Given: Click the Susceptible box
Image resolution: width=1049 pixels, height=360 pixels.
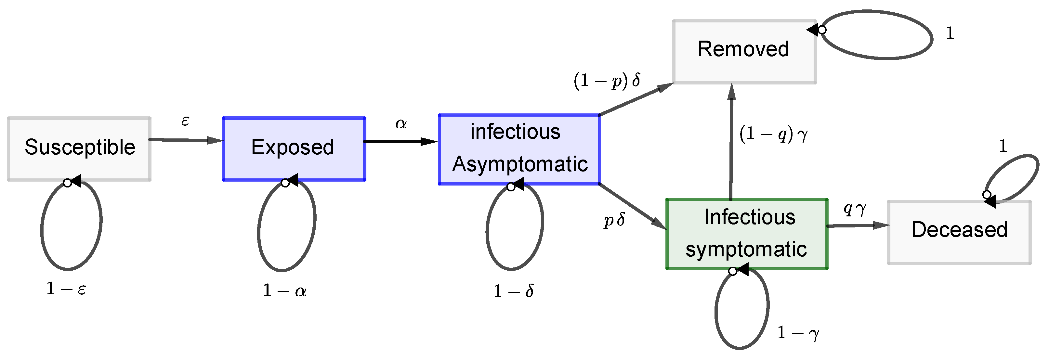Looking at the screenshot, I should point(79,148).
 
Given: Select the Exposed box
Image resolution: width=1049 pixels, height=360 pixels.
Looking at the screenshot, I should point(293,148).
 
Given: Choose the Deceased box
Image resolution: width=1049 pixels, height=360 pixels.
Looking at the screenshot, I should point(959,232).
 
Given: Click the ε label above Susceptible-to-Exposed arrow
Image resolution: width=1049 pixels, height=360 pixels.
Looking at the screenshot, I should point(185,121).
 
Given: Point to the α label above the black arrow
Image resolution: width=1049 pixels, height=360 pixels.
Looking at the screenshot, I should point(401,123).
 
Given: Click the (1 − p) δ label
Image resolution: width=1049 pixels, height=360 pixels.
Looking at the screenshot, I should point(607,80).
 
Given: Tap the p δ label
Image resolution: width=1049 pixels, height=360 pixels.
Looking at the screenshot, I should point(614,220).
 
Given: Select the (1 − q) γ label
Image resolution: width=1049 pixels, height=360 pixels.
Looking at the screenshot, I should point(773,135).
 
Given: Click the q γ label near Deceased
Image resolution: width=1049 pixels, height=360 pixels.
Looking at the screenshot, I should point(854,209).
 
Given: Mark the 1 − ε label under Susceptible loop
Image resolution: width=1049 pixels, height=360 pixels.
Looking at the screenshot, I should point(66,289).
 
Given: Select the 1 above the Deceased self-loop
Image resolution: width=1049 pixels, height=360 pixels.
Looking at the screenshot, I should point(1003,146).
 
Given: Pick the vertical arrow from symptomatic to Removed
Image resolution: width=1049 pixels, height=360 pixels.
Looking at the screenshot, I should point(731,143).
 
